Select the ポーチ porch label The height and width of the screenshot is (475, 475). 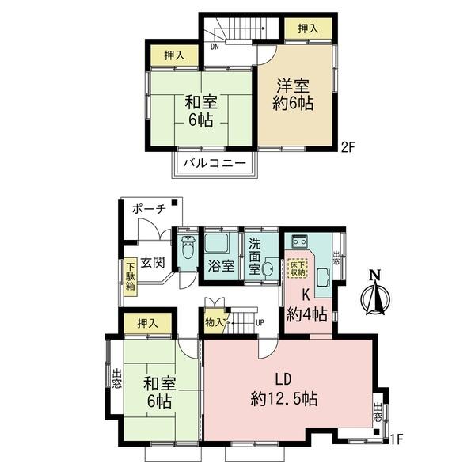[x=150, y=209]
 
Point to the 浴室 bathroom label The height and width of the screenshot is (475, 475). [x=221, y=266]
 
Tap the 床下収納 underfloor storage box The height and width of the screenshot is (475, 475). [x=298, y=268]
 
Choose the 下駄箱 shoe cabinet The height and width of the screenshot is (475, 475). [x=129, y=279]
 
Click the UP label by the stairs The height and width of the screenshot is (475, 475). [x=259, y=322]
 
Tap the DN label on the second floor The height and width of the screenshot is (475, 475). [x=214, y=46]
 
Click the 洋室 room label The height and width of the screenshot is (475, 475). [x=294, y=85]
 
